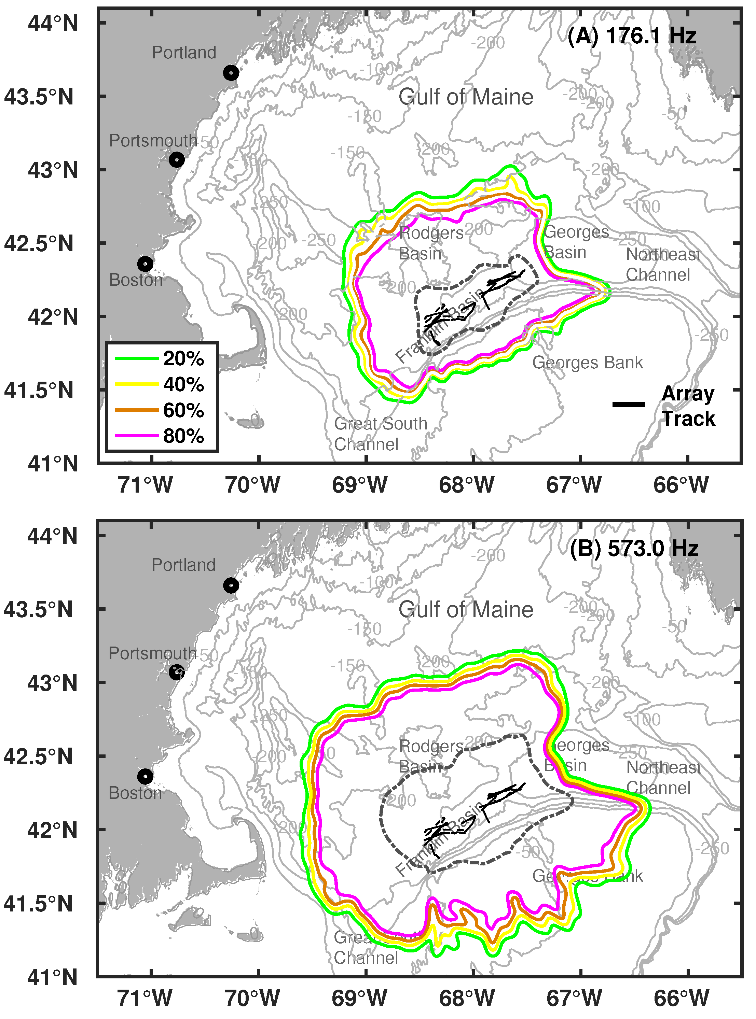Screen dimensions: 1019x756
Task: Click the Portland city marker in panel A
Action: click(231, 73)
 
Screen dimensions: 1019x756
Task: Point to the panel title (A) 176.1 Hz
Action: click(632, 36)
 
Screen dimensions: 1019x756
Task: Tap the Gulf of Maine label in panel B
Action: click(466, 610)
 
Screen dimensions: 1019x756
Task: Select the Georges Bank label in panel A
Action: click(587, 363)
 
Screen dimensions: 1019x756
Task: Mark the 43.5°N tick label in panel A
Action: click(39, 97)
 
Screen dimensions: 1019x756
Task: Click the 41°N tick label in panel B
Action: click(53, 977)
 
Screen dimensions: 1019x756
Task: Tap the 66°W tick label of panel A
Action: click(681, 485)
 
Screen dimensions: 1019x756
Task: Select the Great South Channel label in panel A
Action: click(380, 434)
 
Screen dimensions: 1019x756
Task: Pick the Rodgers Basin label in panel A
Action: click(431, 243)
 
